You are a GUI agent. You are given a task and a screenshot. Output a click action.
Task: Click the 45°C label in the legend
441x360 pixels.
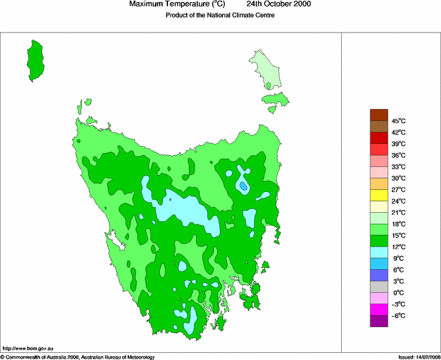tap(398, 121)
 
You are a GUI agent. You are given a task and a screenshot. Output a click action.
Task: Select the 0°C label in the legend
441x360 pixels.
tap(398, 293)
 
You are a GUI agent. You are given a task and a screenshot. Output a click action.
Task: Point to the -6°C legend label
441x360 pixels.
tap(398, 315)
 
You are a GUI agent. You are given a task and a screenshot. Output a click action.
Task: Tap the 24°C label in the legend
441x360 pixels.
tap(398, 201)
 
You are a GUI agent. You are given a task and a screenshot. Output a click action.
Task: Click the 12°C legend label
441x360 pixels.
tap(398, 246)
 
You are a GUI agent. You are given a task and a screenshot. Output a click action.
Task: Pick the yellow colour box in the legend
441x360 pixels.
tap(379, 195)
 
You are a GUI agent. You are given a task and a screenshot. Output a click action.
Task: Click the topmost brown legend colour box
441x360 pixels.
tap(379, 115)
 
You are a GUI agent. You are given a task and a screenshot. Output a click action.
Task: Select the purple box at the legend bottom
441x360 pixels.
tap(379, 320)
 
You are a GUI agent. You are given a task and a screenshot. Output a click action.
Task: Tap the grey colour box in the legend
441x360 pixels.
tap(379, 287)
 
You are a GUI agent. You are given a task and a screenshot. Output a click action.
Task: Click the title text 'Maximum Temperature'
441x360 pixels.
tap(171, 5)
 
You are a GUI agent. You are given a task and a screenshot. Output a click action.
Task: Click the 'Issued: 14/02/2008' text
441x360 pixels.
tap(415, 356)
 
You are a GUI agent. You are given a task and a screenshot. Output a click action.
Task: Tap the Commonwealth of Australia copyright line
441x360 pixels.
tap(78, 356)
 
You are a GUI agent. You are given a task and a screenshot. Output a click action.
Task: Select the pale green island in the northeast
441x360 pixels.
tap(266, 71)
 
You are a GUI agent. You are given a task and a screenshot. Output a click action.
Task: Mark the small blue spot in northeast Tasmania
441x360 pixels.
tap(243, 186)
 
